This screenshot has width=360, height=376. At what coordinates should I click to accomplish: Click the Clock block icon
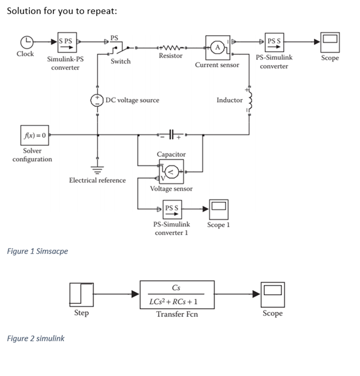pyautogui.click(x=25, y=42)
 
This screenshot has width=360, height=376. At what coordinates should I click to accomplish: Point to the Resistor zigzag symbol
pyautogui.click(x=170, y=47)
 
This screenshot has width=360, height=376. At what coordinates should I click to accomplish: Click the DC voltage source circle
pyautogui.click(x=97, y=100)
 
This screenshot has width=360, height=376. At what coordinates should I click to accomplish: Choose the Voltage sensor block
pyautogui.click(x=172, y=170)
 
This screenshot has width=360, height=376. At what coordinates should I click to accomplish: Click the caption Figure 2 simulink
pyautogui.click(x=36, y=338)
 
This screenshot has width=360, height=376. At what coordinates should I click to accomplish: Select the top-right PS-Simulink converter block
pyautogui.click(x=275, y=42)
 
